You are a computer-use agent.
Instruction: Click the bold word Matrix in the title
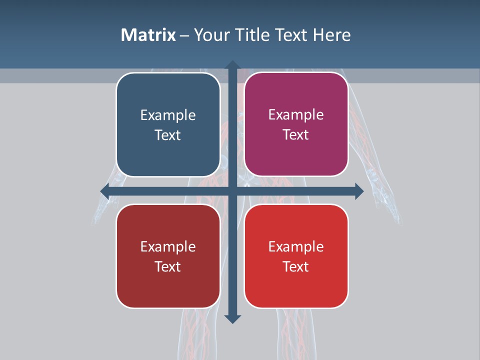coord(148,35)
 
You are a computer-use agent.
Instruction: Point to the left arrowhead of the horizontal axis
coord(104,191)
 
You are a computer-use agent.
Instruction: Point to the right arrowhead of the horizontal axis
coord(359,191)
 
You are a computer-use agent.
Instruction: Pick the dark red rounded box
coord(168,285)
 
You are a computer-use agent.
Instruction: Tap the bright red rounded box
coord(296,285)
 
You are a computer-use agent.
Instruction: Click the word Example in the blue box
coord(168,115)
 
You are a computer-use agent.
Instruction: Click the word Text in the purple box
coord(296,135)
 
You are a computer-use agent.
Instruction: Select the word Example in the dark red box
coord(168,246)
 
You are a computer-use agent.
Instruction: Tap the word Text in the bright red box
coord(296,266)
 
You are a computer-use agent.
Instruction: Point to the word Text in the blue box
coord(168,135)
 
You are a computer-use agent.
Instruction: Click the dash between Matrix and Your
coord(184,35)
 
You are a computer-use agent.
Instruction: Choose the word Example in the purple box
coord(296,115)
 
